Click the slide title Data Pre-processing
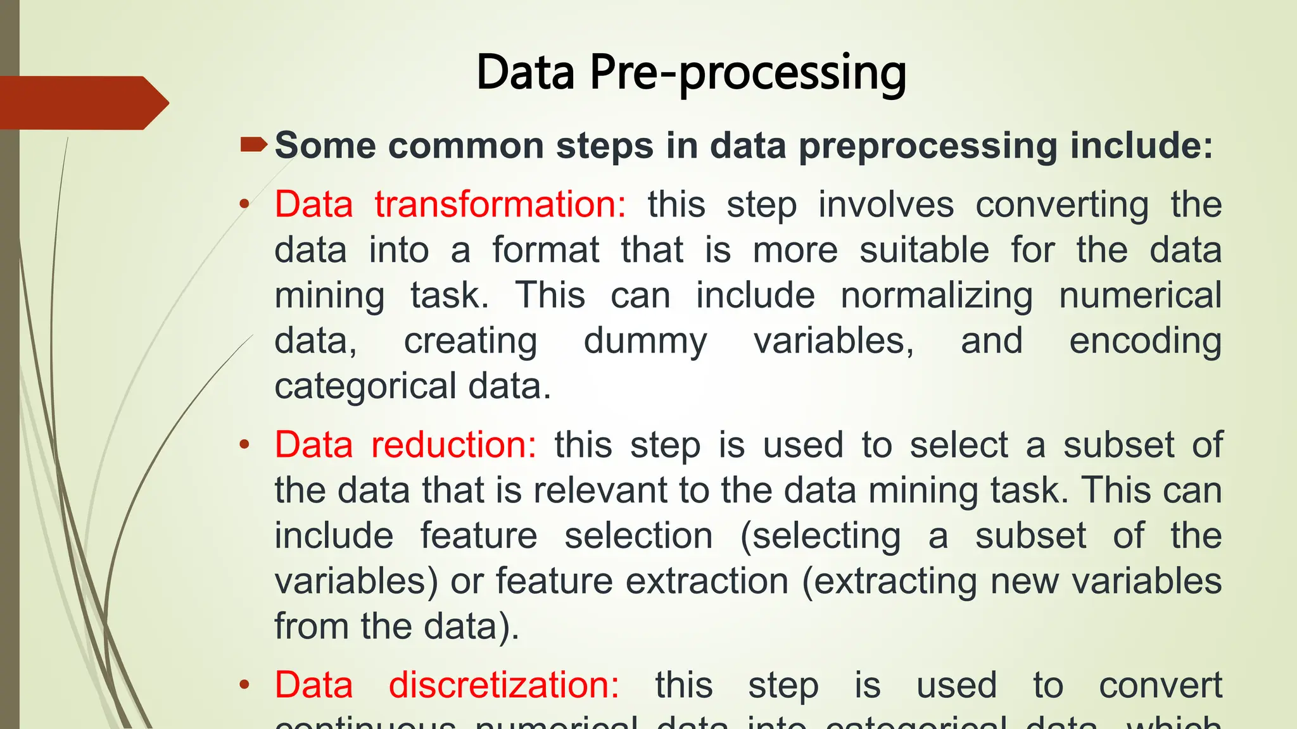691,73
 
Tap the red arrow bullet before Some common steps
254,146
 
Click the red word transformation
500,204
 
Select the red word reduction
453,444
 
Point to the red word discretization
503,685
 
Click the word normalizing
936,296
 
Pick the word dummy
645,341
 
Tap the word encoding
1145,341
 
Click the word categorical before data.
365,386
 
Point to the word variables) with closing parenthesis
356,581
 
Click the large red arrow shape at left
82,103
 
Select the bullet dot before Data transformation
244,204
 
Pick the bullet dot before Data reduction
244,445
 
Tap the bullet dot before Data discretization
244,685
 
